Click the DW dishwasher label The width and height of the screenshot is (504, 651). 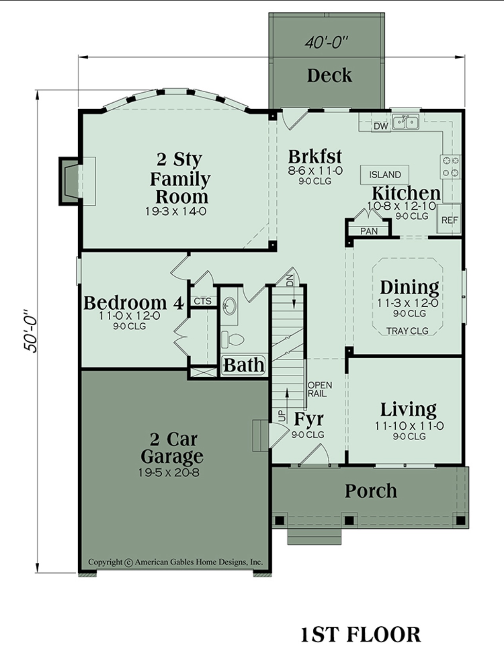coord(381,126)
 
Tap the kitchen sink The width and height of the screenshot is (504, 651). coord(406,122)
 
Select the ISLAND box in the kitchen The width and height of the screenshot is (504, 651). coord(385,174)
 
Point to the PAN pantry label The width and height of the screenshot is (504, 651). coord(369,231)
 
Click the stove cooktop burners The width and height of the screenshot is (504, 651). coord(450,166)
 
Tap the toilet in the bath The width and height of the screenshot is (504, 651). coord(232,340)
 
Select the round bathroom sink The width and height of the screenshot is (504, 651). coord(230,306)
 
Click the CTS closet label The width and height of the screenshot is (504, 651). coord(203,301)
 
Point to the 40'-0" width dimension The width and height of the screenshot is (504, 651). coord(327,42)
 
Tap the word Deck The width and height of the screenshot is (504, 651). coord(329,75)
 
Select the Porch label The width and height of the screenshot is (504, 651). coord(371,491)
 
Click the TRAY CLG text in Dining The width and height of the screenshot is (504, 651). coord(407,331)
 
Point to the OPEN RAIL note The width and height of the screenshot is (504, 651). coord(320,389)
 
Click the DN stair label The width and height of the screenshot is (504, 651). coord(290,280)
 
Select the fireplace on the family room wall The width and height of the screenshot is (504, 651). coord(69,181)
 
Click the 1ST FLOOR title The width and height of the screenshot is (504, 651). coord(360,634)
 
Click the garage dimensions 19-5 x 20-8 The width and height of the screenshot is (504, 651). coord(169,473)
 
